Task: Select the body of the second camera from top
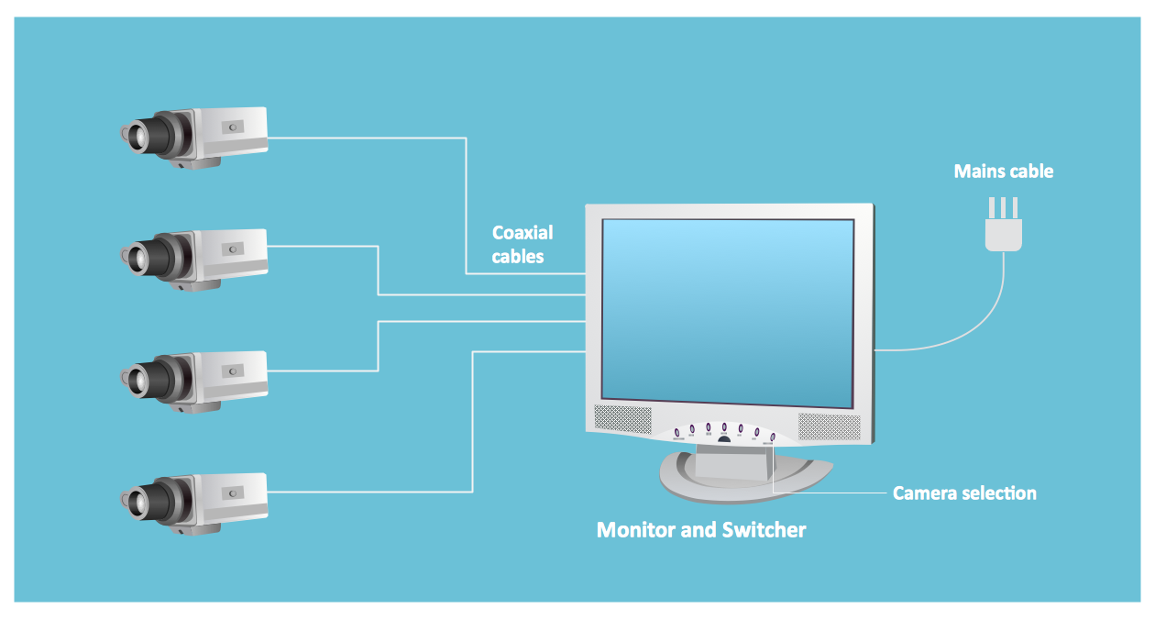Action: (x=229, y=249)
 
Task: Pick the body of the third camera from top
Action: (x=229, y=371)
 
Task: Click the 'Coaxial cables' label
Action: (x=522, y=245)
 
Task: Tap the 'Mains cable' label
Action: (x=1003, y=172)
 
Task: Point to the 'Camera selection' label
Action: (x=964, y=493)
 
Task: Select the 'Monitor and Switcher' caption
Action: (x=701, y=530)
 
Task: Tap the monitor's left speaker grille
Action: (x=622, y=420)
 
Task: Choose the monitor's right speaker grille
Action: (x=829, y=426)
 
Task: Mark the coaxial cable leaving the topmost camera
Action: (x=367, y=138)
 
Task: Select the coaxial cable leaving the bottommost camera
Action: (x=367, y=493)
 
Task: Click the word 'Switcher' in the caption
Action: (x=764, y=530)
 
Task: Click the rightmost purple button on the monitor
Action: (x=773, y=437)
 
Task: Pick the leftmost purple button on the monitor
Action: (x=676, y=432)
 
